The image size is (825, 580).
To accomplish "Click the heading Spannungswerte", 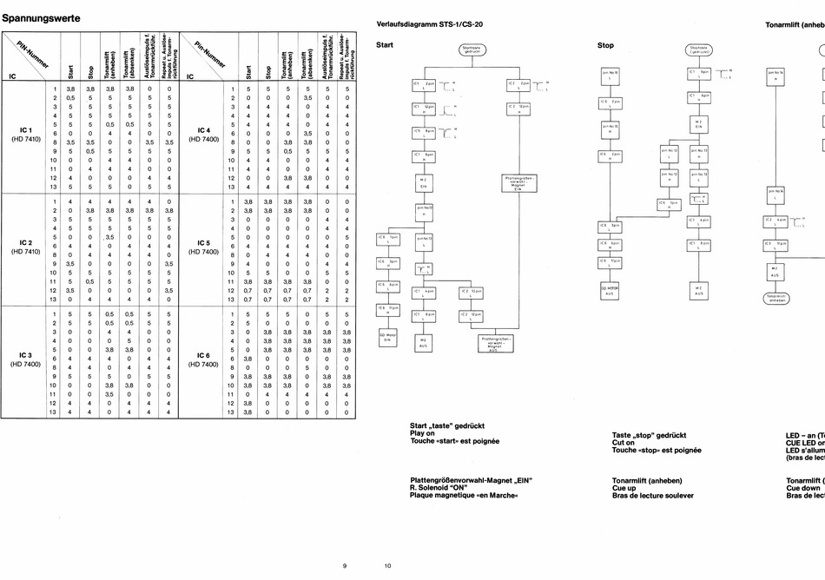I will coord(43,16).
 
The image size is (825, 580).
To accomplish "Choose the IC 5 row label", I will coord(202,243).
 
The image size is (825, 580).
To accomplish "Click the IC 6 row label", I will coord(202,355).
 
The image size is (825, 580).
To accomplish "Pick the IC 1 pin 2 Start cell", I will coord(70,97).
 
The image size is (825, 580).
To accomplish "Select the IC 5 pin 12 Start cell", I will coord(248,288).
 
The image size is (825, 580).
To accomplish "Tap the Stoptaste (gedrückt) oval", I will coord(699,49).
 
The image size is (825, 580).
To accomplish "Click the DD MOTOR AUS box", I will coord(609,290).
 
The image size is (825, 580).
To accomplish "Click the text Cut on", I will coord(624,442).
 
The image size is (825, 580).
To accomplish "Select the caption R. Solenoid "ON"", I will coord(441,487).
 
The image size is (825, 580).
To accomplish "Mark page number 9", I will coord(344,565).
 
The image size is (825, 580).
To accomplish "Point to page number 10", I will coord(387,565).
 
